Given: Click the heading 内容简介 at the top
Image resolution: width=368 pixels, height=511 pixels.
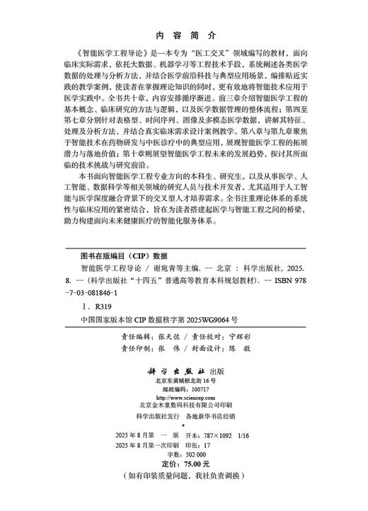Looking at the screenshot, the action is pyautogui.click(x=184, y=34).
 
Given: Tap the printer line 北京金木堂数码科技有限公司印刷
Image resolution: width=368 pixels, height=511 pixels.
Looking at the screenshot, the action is pyautogui.click(x=184, y=406).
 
